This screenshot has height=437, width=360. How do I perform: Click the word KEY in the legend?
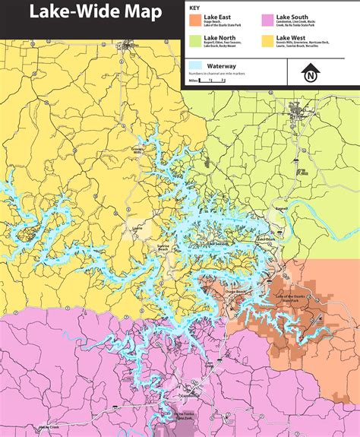pos(194,7)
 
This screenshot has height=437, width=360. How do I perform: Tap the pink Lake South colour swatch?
pos(268,19)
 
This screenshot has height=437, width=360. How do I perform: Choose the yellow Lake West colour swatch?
pos(268,40)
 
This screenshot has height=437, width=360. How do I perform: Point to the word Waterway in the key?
pos(221,65)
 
